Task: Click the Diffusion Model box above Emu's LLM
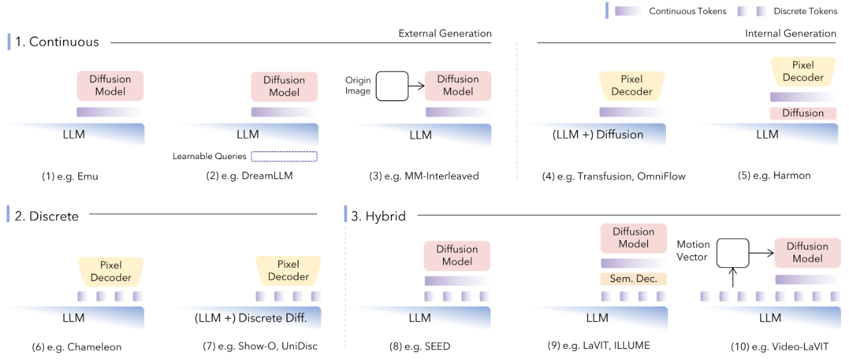[110, 86]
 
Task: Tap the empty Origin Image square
[392, 86]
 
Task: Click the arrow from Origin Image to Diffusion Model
[417, 86]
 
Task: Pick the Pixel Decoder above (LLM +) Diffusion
[631, 86]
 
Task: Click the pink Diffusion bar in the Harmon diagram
[803, 113]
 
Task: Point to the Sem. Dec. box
[633, 279]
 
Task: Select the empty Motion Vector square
[732, 253]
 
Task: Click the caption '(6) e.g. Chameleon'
[77, 347]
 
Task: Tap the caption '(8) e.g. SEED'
[420, 346]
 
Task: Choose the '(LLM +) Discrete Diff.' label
[251, 318]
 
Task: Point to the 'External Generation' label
[445, 33]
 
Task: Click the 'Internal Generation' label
[791, 33]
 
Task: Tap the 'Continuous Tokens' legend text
[687, 11]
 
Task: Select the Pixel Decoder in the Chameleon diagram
[111, 271]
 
